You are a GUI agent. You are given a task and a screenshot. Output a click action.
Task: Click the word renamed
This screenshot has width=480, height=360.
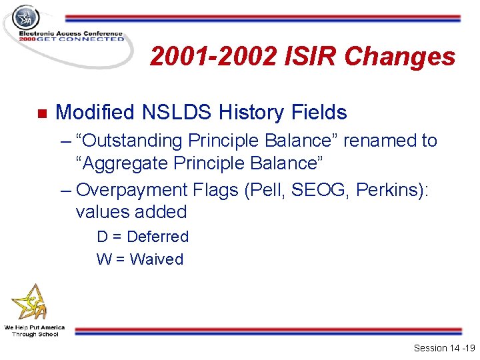tap(382, 141)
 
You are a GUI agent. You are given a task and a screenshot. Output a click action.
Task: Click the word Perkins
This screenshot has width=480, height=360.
tap(389, 189)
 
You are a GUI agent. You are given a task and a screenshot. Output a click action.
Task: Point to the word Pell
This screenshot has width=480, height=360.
tap(265, 189)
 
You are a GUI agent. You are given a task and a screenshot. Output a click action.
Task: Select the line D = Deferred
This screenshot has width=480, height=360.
tap(143, 237)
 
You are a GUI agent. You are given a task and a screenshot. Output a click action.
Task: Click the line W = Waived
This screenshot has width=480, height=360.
tap(140, 259)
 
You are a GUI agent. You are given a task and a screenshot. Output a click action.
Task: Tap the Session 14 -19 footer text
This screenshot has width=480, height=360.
tap(442, 348)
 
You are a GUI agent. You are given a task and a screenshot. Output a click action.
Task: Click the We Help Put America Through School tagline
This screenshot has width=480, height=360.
tap(34, 331)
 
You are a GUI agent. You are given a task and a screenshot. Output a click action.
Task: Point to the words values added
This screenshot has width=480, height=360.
tap(131, 212)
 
